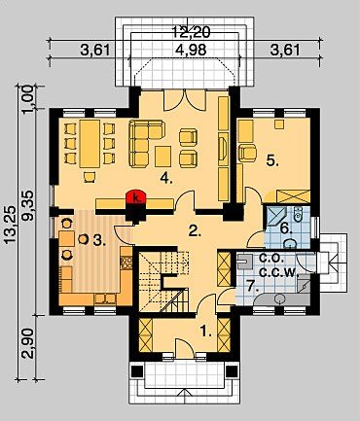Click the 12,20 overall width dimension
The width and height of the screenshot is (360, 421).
pyautogui.click(x=191, y=32)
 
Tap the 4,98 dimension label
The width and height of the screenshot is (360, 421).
pyautogui.click(x=191, y=51)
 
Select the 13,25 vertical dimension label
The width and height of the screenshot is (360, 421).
pyautogui.click(x=10, y=224)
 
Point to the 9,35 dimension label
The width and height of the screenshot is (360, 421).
pyautogui.click(x=28, y=206)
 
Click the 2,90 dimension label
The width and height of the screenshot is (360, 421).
pyautogui.click(x=28, y=343)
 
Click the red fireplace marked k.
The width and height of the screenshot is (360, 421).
pyautogui.click(x=136, y=197)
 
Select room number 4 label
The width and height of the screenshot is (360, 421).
pyautogui.click(x=166, y=178)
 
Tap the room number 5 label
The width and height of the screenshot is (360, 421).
pyautogui.click(x=272, y=160)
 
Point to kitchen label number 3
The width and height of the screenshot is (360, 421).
pyautogui.click(x=99, y=240)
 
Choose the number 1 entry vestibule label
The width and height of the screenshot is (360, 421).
pyautogui.click(x=205, y=332)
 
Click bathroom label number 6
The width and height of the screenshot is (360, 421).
pyautogui.click(x=285, y=228)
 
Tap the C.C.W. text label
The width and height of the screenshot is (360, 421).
pyautogui.click(x=279, y=272)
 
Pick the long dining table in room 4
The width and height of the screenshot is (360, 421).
pyautogui.click(x=90, y=144)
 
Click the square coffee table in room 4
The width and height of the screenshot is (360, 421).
pyautogui.click(x=162, y=157)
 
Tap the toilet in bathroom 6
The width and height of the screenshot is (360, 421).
pyautogui.click(x=298, y=212)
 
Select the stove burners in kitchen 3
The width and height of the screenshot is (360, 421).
pyautogui.click(x=126, y=263)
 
